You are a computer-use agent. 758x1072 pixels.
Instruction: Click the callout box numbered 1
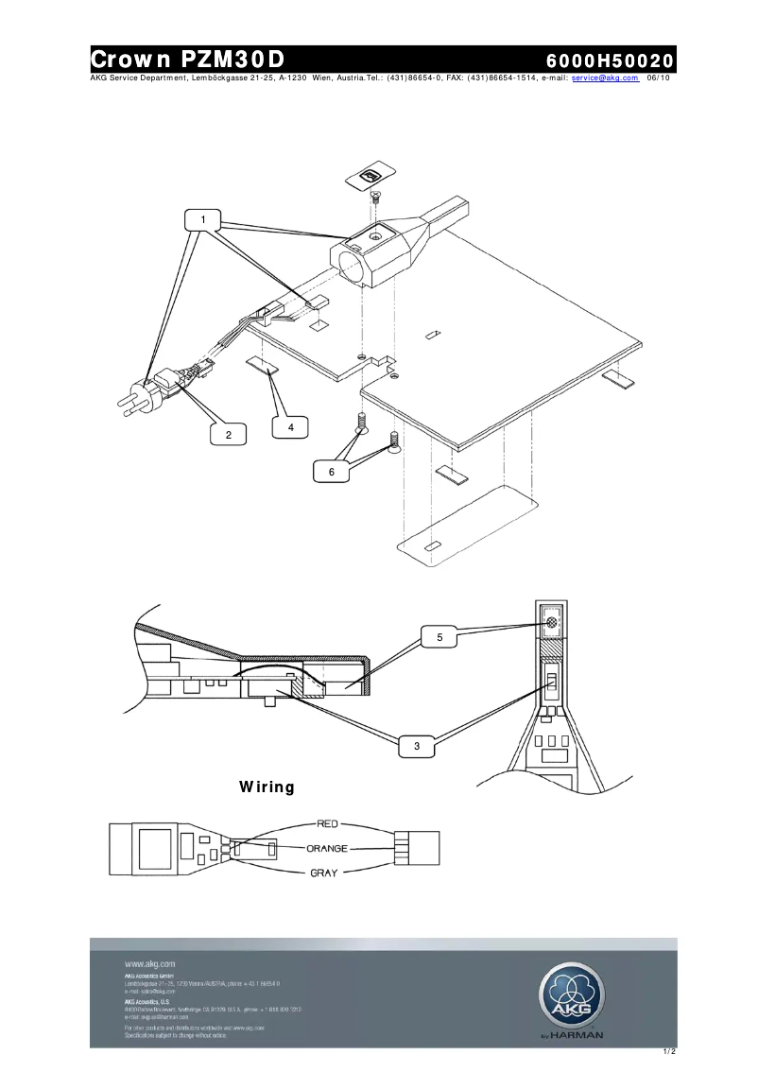tap(202, 219)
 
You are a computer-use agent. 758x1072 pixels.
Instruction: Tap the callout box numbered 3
tap(417, 747)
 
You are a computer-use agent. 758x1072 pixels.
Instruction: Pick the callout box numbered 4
tap(291, 427)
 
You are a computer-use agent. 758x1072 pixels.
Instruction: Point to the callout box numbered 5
tap(439, 638)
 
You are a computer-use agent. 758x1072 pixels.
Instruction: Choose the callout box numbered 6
tap(332, 472)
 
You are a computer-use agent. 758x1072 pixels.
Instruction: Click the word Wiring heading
tap(267, 787)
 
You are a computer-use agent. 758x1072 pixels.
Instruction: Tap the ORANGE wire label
tap(323, 849)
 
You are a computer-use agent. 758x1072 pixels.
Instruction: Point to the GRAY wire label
tap(323, 873)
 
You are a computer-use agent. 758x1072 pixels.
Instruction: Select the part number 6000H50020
tap(610, 61)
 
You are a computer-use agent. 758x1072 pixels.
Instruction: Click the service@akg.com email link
tap(606, 78)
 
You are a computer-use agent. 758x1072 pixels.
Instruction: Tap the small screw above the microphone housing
tap(374, 197)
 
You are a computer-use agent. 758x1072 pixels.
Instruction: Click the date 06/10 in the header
tap(659, 78)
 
